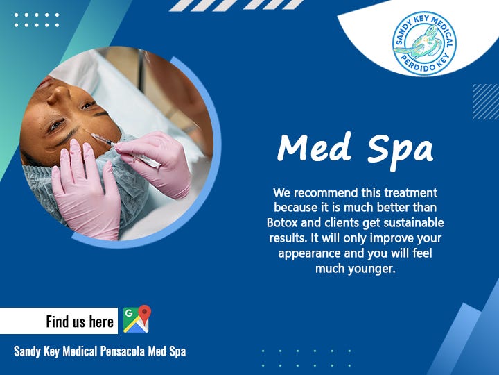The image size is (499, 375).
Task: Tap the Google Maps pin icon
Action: (137, 319)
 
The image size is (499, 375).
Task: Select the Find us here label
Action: (80, 321)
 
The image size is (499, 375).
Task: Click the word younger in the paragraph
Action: (370, 269)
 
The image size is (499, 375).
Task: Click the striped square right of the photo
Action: (485, 101)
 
